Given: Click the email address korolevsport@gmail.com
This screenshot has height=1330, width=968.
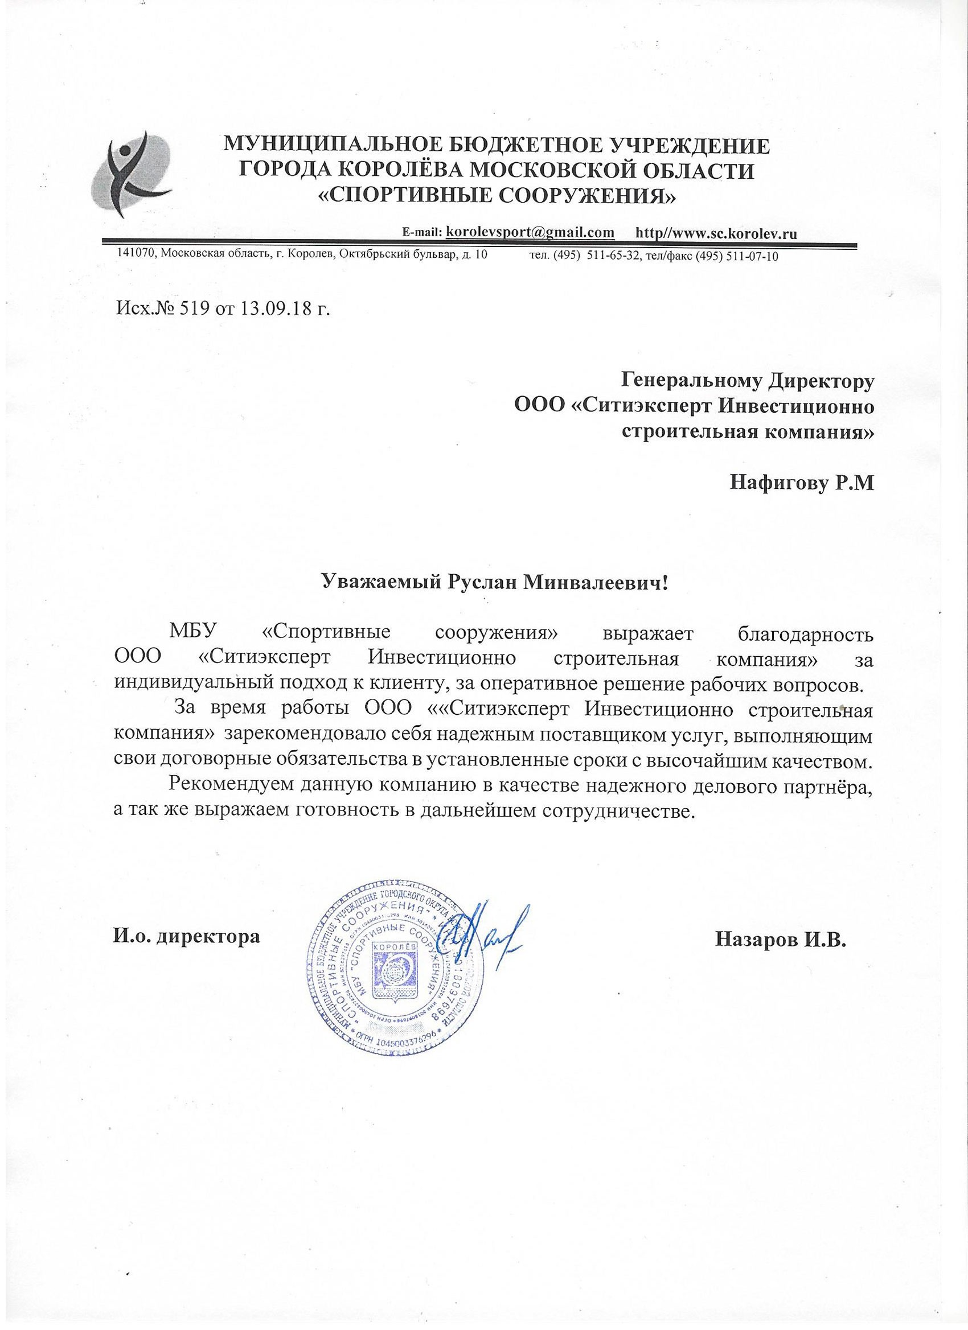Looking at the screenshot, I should click(x=530, y=232).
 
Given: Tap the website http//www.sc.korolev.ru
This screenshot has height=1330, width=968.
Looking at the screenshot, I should click(x=716, y=233).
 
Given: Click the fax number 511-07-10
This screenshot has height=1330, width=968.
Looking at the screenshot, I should click(x=752, y=256).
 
